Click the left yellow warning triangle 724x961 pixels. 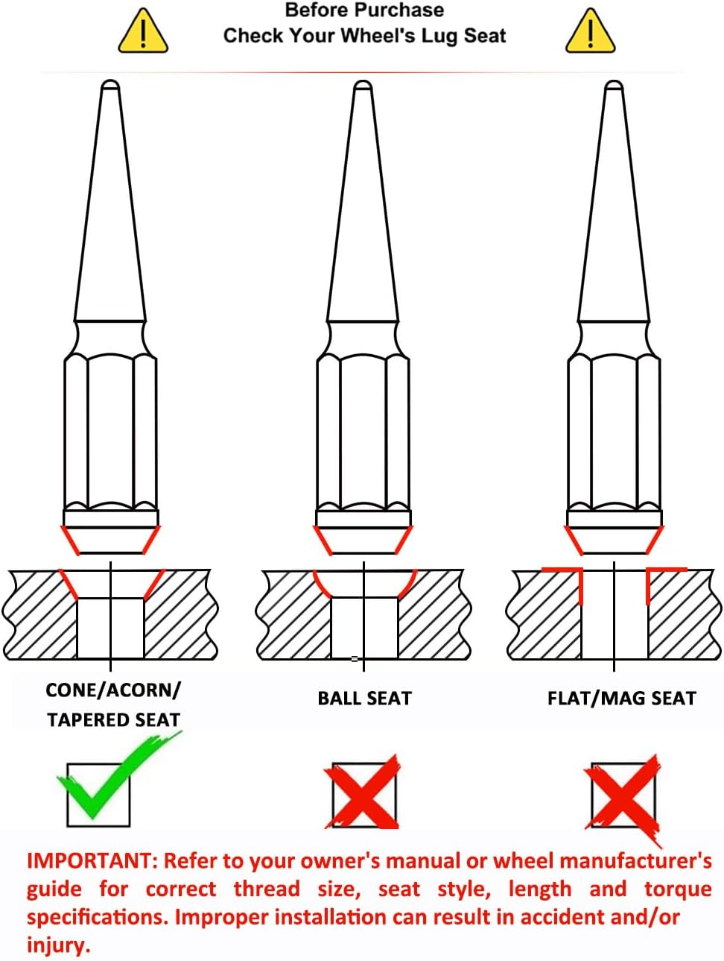143,33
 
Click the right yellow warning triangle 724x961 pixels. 590,33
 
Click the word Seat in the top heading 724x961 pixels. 485,36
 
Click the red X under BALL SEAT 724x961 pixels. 363,794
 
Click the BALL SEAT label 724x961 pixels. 364,699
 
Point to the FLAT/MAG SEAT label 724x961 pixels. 621,699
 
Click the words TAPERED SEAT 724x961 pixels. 113,720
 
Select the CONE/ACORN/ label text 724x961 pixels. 113,690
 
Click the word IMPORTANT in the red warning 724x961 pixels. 89,861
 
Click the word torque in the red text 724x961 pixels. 677,889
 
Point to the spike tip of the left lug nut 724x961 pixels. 110,88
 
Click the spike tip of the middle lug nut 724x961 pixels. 363,88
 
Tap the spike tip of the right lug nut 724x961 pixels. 614,88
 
